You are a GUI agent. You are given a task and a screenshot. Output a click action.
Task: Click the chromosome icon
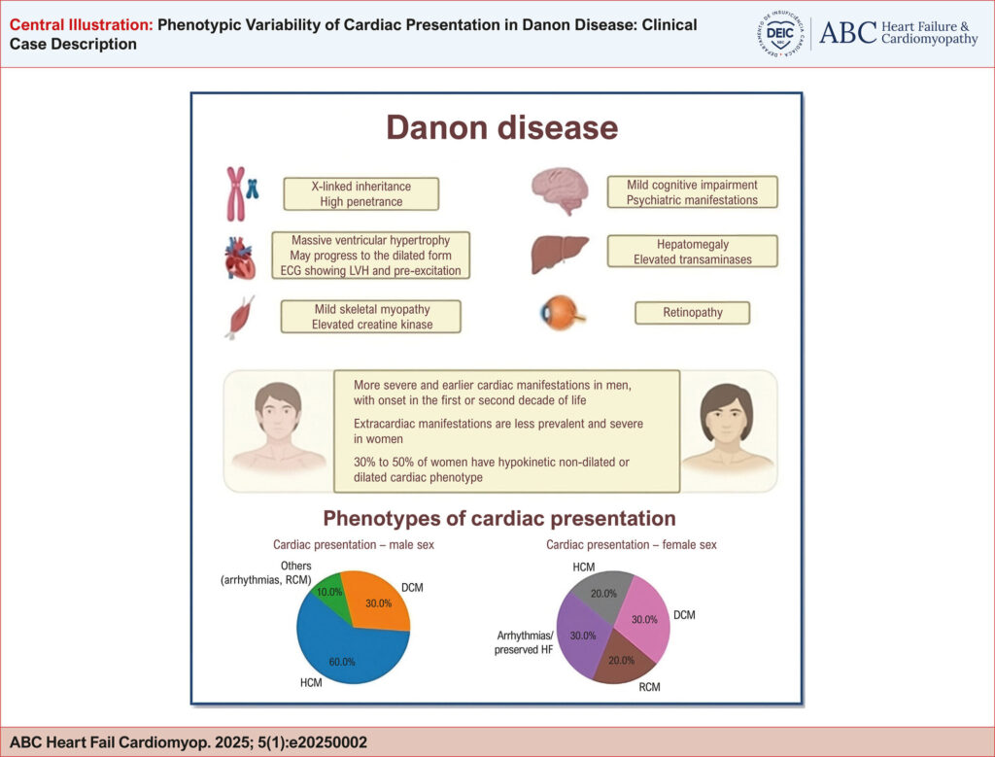242,193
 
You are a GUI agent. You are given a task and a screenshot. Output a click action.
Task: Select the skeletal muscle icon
240,317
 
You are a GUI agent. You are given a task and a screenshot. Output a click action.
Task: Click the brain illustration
560,190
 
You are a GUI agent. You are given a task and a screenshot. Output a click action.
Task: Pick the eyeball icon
562,313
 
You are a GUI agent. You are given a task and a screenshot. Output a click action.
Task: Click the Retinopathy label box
692,312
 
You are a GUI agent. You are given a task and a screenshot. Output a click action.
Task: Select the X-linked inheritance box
361,193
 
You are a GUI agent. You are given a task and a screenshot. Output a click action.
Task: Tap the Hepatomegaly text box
692,252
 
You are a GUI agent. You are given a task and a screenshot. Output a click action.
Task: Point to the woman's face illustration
727,428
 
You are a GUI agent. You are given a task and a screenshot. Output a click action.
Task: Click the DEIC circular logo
780,34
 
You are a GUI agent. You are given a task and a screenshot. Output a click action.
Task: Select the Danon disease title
502,127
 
